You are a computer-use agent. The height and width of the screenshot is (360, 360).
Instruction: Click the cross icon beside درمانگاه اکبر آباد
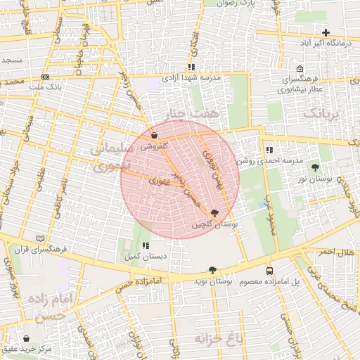pyautogui.click(x=326, y=32)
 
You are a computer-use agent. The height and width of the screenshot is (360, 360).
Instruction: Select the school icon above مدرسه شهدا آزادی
pyautogui.click(x=191, y=67)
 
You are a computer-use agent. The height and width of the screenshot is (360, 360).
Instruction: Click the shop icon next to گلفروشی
pyautogui.click(x=154, y=136)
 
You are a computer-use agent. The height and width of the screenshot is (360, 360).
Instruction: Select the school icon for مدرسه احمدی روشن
pyautogui.click(x=269, y=149)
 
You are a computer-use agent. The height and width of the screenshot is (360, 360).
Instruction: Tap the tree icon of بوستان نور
pyautogui.click(x=314, y=167)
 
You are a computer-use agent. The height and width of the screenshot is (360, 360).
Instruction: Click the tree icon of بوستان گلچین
pyautogui.click(x=214, y=213)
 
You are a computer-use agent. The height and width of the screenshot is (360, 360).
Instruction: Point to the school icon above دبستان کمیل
pyautogui.click(x=146, y=245)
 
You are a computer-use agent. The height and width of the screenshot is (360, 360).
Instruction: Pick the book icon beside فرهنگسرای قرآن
pyautogui.click(x=39, y=238)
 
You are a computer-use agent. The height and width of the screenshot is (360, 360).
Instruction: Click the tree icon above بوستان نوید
pyautogui.click(x=212, y=270)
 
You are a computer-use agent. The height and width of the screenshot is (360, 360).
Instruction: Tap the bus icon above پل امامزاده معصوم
pyautogui.click(x=270, y=271)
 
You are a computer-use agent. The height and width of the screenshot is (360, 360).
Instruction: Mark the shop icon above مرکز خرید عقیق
pyautogui.click(x=27, y=338)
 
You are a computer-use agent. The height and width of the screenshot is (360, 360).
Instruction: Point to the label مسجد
pyautogui.click(x=12, y=60)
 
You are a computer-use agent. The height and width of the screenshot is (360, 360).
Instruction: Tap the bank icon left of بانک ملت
pyautogui.click(x=46, y=77)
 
